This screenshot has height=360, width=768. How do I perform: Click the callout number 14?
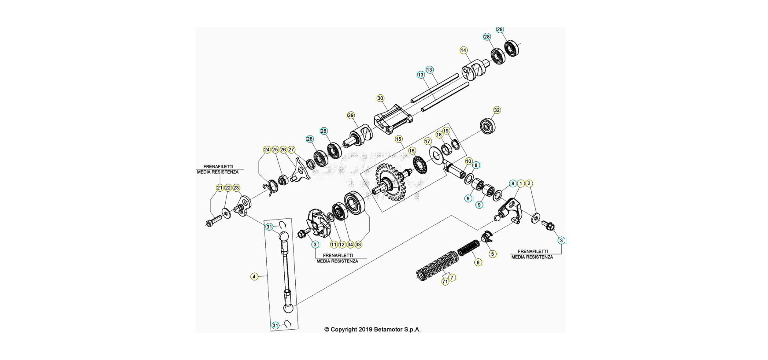click(x=463, y=50)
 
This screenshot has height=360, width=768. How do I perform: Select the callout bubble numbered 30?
click(x=380, y=98)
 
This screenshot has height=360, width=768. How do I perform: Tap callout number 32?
click(x=497, y=110)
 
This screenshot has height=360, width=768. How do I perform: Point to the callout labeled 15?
click(x=398, y=139)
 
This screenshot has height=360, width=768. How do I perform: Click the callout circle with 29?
click(x=351, y=116)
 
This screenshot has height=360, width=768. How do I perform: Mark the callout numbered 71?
click(x=445, y=282)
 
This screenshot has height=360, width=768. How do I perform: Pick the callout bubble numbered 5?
click(x=492, y=254)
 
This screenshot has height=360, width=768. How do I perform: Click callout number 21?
click(x=220, y=188)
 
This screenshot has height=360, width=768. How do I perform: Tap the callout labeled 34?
click(x=350, y=244)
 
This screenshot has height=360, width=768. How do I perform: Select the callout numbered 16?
click(x=412, y=151)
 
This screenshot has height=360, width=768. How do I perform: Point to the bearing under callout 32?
click(x=488, y=126)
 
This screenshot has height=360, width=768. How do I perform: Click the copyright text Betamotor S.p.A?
click(x=372, y=330)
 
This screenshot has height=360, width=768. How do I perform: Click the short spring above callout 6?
click(x=468, y=248)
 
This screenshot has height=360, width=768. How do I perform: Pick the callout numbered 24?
click(x=267, y=150)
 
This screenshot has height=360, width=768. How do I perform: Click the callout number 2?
click(x=529, y=184)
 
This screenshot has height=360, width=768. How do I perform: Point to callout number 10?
click(x=468, y=161)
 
